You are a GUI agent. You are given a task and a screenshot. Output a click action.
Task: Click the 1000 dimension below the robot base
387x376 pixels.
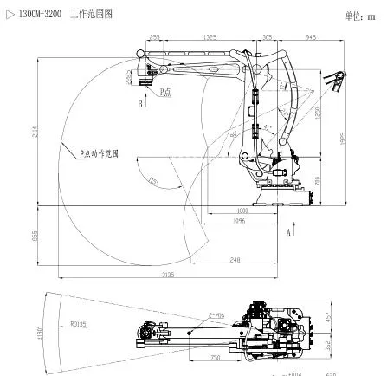point(242,211)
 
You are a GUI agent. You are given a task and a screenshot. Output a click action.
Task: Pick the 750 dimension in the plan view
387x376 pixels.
point(213,357)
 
